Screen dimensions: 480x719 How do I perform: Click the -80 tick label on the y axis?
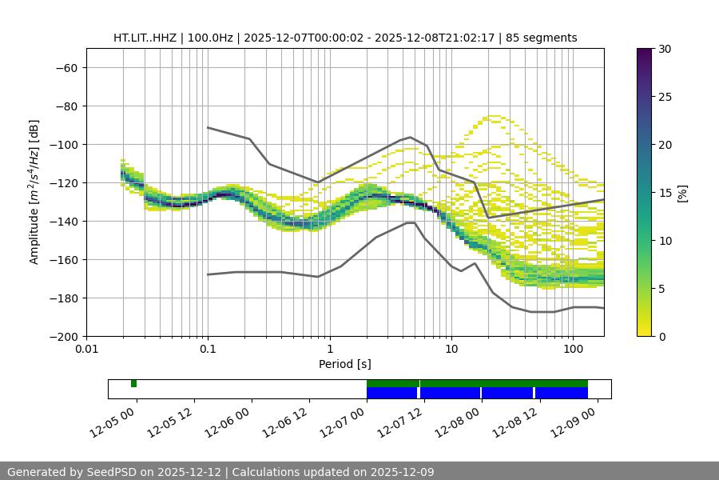[66, 106]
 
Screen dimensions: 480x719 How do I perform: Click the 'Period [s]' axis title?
[345, 364]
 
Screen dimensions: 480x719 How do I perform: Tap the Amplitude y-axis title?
[34, 192]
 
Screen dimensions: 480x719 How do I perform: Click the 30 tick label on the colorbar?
[665, 49]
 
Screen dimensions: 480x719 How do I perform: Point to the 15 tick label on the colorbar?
[665, 192]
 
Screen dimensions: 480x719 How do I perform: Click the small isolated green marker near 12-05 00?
[134, 383]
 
